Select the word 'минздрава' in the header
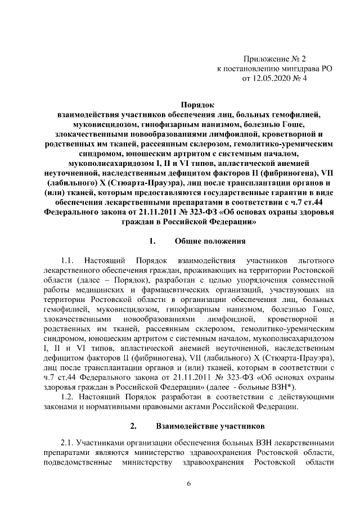pyautogui.click(x=294, y=69)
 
